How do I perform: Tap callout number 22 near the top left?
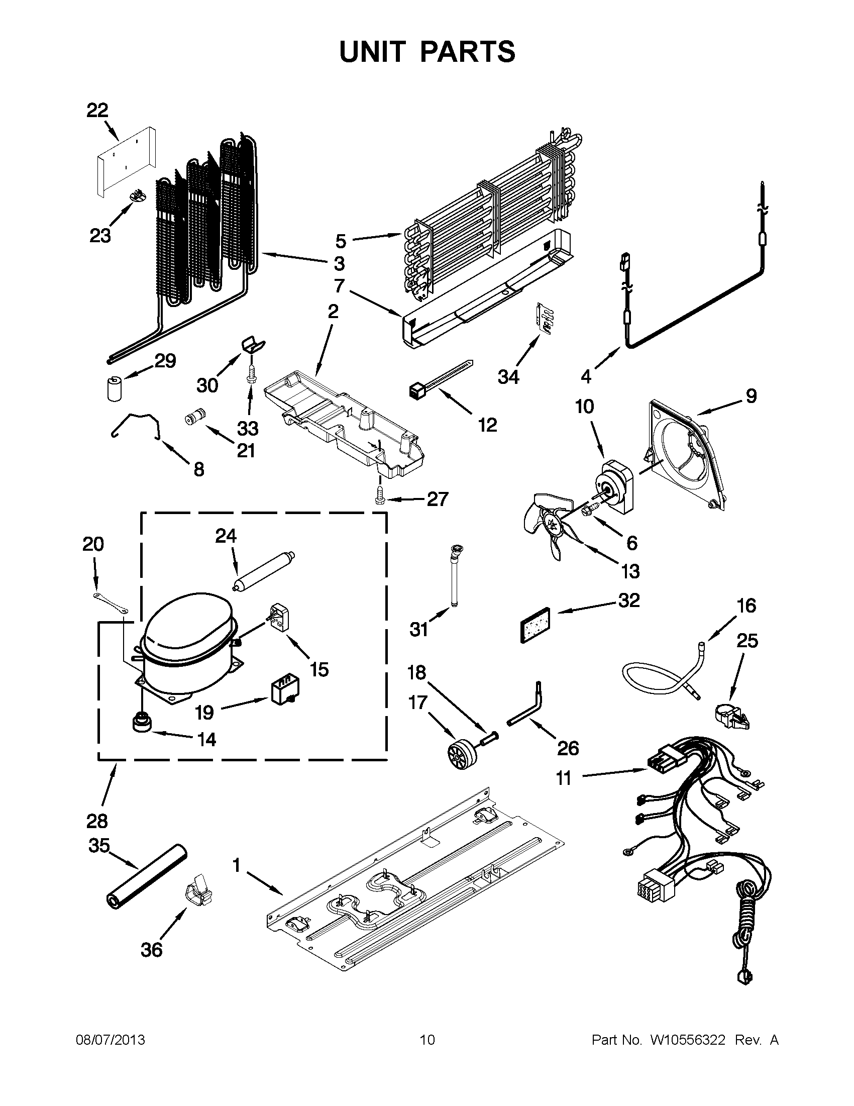[x=97, y=111]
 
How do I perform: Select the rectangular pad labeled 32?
[x=538, y=625]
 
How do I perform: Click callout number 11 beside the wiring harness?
[x=564, y=778]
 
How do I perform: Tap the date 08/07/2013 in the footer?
[x=111, y=1040]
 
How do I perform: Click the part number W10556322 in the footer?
[x=687, y=1040]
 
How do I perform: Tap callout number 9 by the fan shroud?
[x=751, y=396]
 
